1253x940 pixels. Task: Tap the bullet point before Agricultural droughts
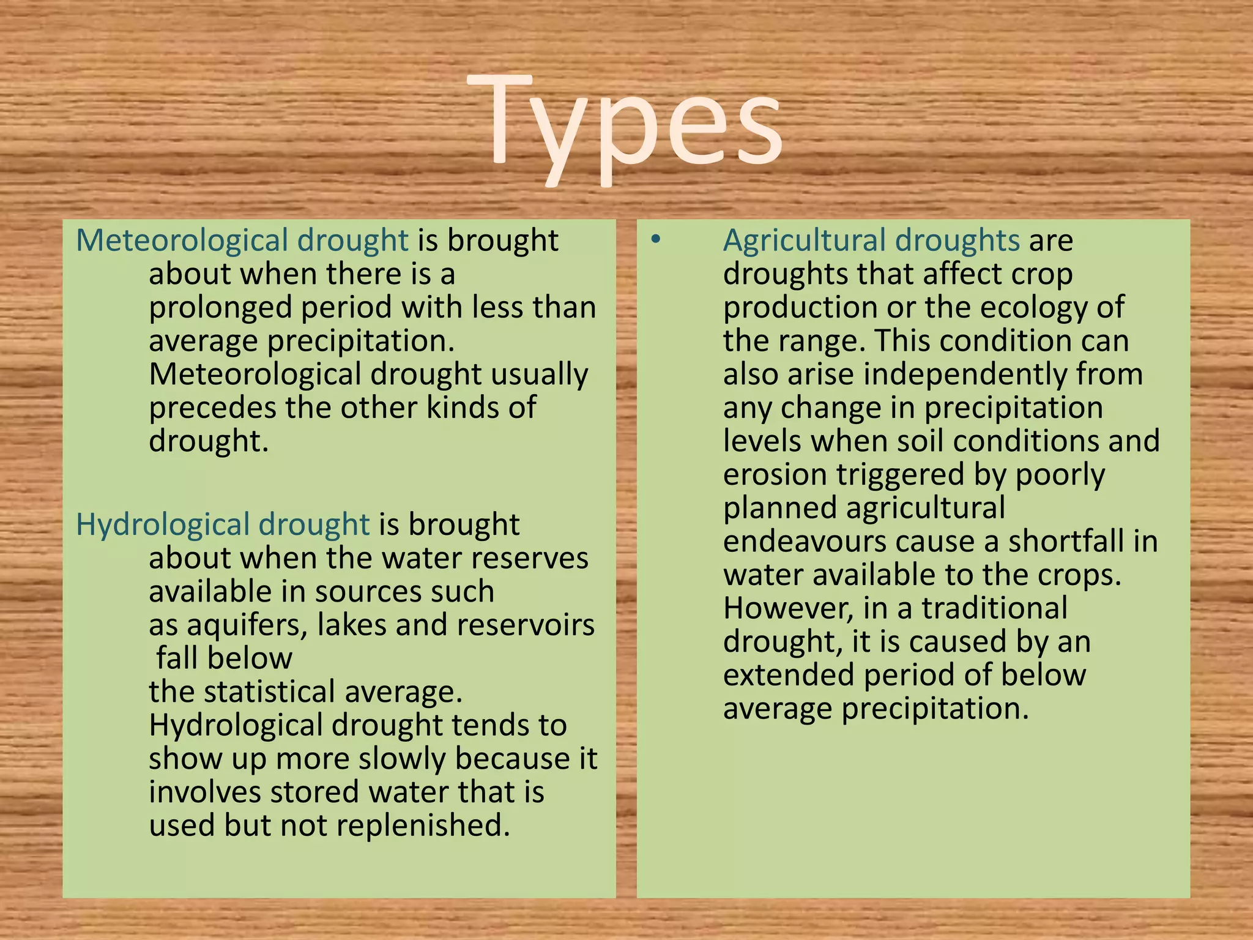point(656,239)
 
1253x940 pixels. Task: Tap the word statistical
point(278,692)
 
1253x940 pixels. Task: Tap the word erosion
point(775,475)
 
